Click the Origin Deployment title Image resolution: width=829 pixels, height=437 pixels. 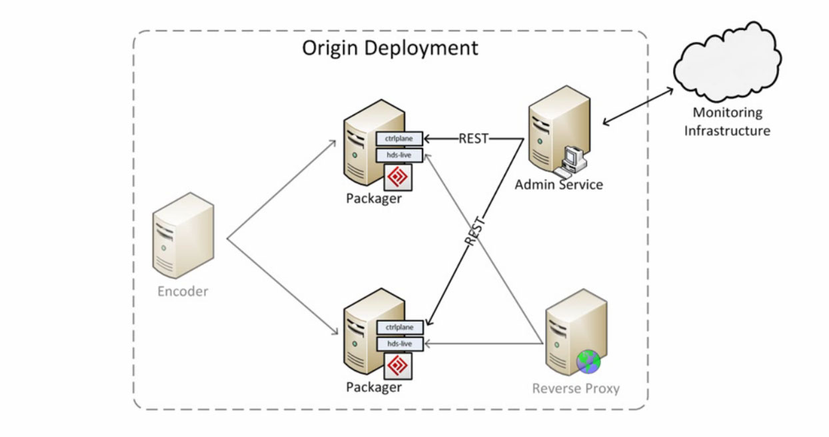pos(390,48)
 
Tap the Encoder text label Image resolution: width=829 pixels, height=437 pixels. pos(183,291)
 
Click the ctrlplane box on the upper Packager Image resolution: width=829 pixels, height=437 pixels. pos(399,139)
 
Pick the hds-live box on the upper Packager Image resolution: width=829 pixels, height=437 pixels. pos(399,155)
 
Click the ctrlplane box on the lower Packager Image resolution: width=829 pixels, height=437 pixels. pos(399,327)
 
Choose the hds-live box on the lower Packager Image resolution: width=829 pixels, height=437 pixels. pos(399,344)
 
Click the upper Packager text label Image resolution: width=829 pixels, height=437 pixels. pos(374,199)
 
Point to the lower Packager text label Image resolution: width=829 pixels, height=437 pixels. pos(374,387)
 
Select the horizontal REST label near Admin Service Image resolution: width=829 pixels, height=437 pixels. pos(473,139)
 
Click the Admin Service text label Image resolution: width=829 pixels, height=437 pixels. pos(558,185)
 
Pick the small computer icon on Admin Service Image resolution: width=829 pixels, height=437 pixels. pos(572,159)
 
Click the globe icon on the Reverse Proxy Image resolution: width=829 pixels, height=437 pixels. pos(588,362)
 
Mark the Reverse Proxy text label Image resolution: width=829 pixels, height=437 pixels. pos(576,388)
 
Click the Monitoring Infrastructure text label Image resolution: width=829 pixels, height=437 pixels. pos(727,121)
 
